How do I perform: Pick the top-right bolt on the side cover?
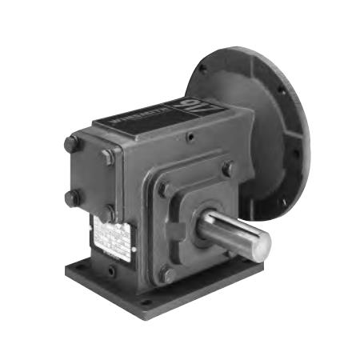click(x=108, y=157)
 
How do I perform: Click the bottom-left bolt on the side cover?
click(x=72, y=196)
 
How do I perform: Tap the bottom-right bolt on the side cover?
click(x=107, y=213)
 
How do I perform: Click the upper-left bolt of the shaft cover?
click(x=164, y=190)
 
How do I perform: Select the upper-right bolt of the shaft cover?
click(x=227, y=169)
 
